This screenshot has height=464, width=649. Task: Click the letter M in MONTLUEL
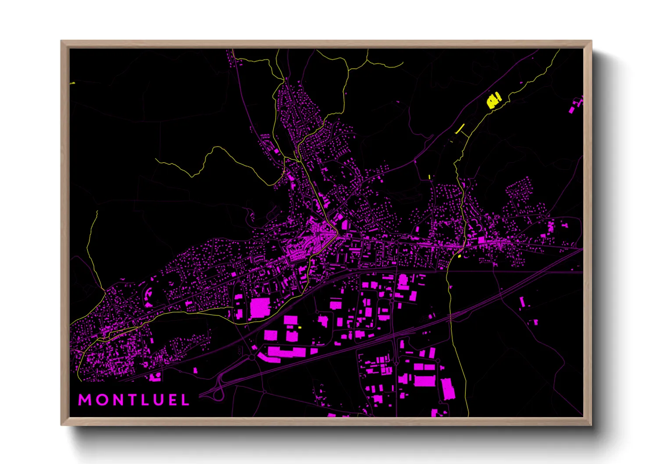[x=84, y=400]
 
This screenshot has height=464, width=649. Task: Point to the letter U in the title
[x=159, y=400]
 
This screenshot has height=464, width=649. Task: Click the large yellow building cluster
[x=494, y=100]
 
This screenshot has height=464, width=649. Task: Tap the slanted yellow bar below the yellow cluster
[x=460, y=128]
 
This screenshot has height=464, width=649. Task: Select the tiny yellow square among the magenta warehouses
[x=300, y=327]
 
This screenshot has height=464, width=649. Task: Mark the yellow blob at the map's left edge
[x=72, y=83]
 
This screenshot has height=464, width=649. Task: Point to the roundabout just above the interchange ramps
[x=252, y=357]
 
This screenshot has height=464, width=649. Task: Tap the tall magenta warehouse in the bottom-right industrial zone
[x=447, y=389]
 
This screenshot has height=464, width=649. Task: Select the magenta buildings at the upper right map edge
[x=575, y=106]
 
